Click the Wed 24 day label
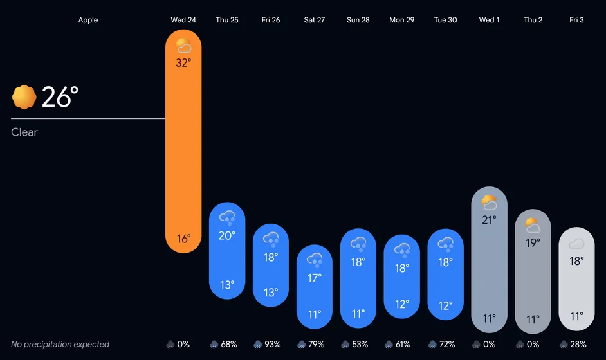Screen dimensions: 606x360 [183, 20]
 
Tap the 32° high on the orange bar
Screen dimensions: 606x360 [183, 62]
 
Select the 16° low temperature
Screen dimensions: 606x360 [183, 239]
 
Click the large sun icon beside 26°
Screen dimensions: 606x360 [24, 97]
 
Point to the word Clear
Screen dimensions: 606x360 [24, 132]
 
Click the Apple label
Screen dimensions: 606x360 [88, 20]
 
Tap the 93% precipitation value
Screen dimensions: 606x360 [273, 344]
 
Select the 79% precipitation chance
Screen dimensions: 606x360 [316, 344]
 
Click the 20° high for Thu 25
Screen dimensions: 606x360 [227, 235]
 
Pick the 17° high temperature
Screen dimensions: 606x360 [315, 278]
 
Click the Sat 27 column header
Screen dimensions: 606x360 [314, 20]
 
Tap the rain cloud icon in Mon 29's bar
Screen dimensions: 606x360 [402, 250]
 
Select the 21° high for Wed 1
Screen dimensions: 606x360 [489, 220]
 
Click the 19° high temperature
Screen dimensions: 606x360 [533, 242]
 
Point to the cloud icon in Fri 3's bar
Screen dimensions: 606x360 [576, 244]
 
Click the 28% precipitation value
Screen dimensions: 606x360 [578, 344]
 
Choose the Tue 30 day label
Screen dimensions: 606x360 [445, 20]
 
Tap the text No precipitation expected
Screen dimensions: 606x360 [60, 344]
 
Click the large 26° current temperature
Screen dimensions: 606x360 [60, 97]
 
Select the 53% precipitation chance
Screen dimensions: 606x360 [360, 344]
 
